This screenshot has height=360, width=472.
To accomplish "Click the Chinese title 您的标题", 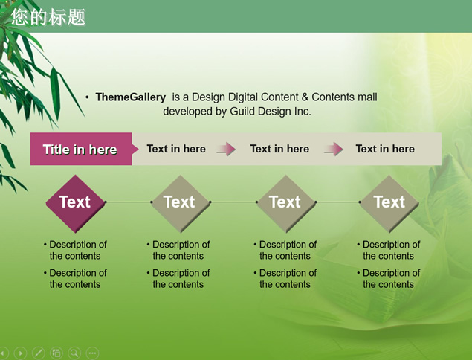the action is [x=48, y=17].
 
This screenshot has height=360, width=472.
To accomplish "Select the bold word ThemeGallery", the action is [x=130, y=97].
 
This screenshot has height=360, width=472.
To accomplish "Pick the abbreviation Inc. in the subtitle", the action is [x=303, y=112].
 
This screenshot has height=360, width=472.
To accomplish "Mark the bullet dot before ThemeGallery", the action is [x=87, y=97].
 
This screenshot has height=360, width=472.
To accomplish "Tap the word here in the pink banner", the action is [x=103, y=150].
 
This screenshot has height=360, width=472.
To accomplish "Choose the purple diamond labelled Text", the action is [x=75, y=203].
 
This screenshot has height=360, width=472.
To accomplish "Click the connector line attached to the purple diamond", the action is [x=129, y=202].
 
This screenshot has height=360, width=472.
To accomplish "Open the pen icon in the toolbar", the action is [x=38, y=353].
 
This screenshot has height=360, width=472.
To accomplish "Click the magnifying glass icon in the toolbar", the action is [x=74, y=353].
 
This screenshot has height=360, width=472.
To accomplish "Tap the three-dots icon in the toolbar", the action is [x=92, y=353].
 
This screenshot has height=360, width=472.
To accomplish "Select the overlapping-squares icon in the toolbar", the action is [x=56, y=353].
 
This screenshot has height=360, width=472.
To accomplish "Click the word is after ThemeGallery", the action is [x=175, y=97].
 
